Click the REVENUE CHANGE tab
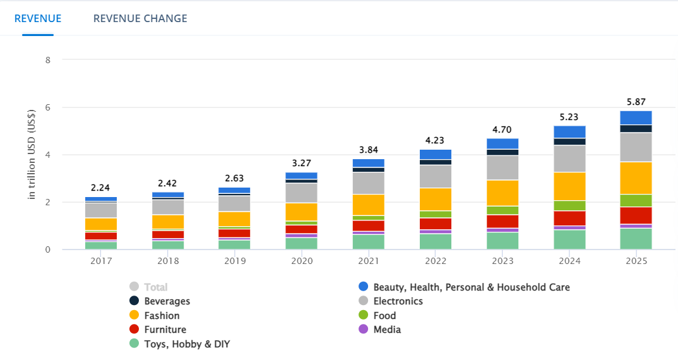[140, 18]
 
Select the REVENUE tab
[38, 18]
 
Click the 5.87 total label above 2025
[636, 102]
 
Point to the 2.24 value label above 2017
[101, 188]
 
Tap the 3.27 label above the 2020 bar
[301, 163]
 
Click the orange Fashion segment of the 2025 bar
[636, 178]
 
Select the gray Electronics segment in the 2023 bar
[503, 167]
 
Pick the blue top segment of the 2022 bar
[436, 154]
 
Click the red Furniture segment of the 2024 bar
[569, 218]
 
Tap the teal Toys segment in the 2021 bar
[369, 242]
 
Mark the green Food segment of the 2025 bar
[636, 200]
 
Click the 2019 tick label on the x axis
[234, 260]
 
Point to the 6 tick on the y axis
[47, 108]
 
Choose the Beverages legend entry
[167, 301]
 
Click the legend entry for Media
[386, 329]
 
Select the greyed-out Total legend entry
[155, 287]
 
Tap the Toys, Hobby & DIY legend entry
[187, 344]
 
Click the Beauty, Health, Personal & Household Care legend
[471, 287]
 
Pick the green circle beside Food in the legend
[362, 315]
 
